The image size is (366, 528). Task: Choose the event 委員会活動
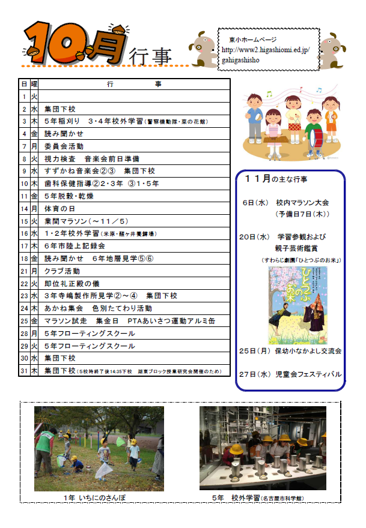coord(64,146)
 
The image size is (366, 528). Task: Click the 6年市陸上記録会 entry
coord(75,245)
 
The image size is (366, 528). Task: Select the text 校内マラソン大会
coord(302,203)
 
